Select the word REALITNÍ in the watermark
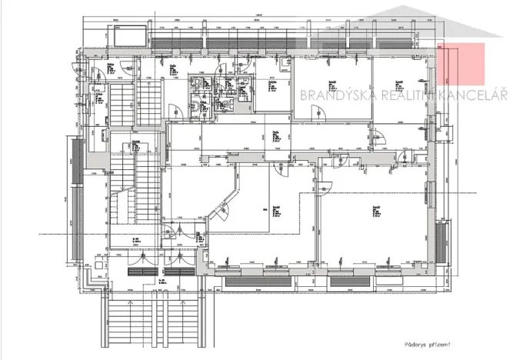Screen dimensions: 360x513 pos(404,95)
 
